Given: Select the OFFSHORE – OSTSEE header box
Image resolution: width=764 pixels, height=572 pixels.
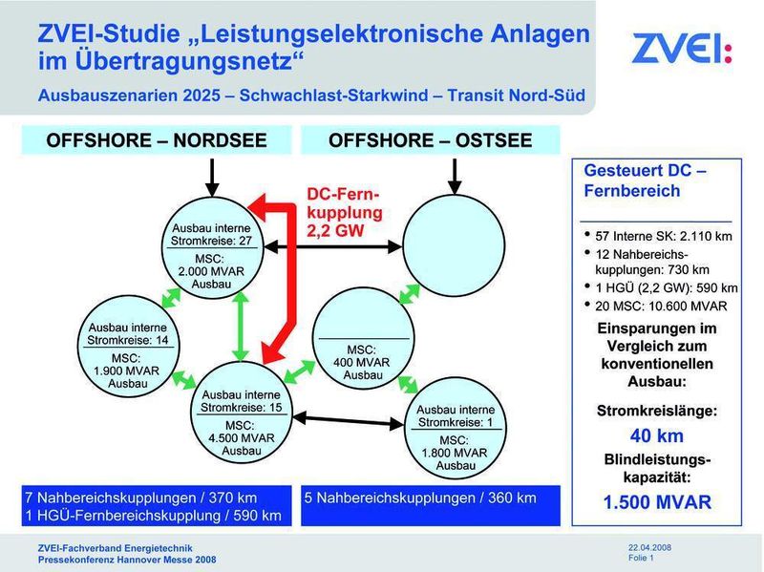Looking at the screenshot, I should (x=431, y=141).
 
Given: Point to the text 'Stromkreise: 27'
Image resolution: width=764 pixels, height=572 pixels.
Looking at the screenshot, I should (x=211, y=242).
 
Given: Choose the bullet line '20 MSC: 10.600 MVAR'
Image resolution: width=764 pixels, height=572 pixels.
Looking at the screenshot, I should (x=660, y=306).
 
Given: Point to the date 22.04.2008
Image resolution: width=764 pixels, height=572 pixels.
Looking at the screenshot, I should (x=649, y=546).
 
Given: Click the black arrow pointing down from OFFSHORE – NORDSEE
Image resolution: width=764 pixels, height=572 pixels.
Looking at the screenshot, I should (x=212, y=175).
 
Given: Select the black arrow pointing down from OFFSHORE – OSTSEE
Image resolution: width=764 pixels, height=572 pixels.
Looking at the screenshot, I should (x=453, y=175).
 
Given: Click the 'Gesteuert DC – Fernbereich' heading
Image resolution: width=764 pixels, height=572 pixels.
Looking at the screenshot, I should (x=645, y=181).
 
